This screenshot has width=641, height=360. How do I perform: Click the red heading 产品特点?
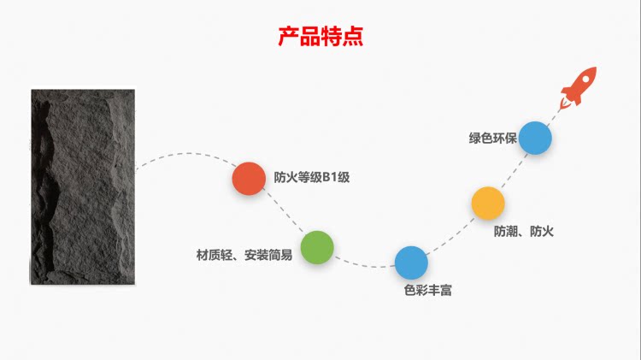(320, 37)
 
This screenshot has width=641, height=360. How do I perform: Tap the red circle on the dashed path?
(249, 178)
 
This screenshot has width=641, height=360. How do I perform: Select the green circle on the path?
(316, 246)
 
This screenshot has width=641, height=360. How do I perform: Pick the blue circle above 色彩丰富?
(411, 263)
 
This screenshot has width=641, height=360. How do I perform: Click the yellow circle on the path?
(488, 204)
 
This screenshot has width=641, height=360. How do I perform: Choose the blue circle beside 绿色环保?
(535, 138)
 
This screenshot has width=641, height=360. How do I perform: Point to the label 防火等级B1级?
(312, 178)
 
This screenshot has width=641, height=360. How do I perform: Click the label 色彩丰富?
(427, 291)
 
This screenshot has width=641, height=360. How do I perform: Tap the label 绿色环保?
(492, 138)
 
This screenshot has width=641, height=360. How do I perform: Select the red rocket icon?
(579, 87)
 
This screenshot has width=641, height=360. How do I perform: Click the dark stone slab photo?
(83, 186)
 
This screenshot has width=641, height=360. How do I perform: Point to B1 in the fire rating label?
(330, 178)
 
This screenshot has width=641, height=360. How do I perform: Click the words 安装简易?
(268, 255)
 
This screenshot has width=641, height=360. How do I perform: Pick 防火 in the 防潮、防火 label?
(543, 231)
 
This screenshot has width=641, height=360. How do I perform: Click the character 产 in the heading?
(288, 37)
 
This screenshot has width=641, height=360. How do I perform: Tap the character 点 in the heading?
(353, 37)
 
